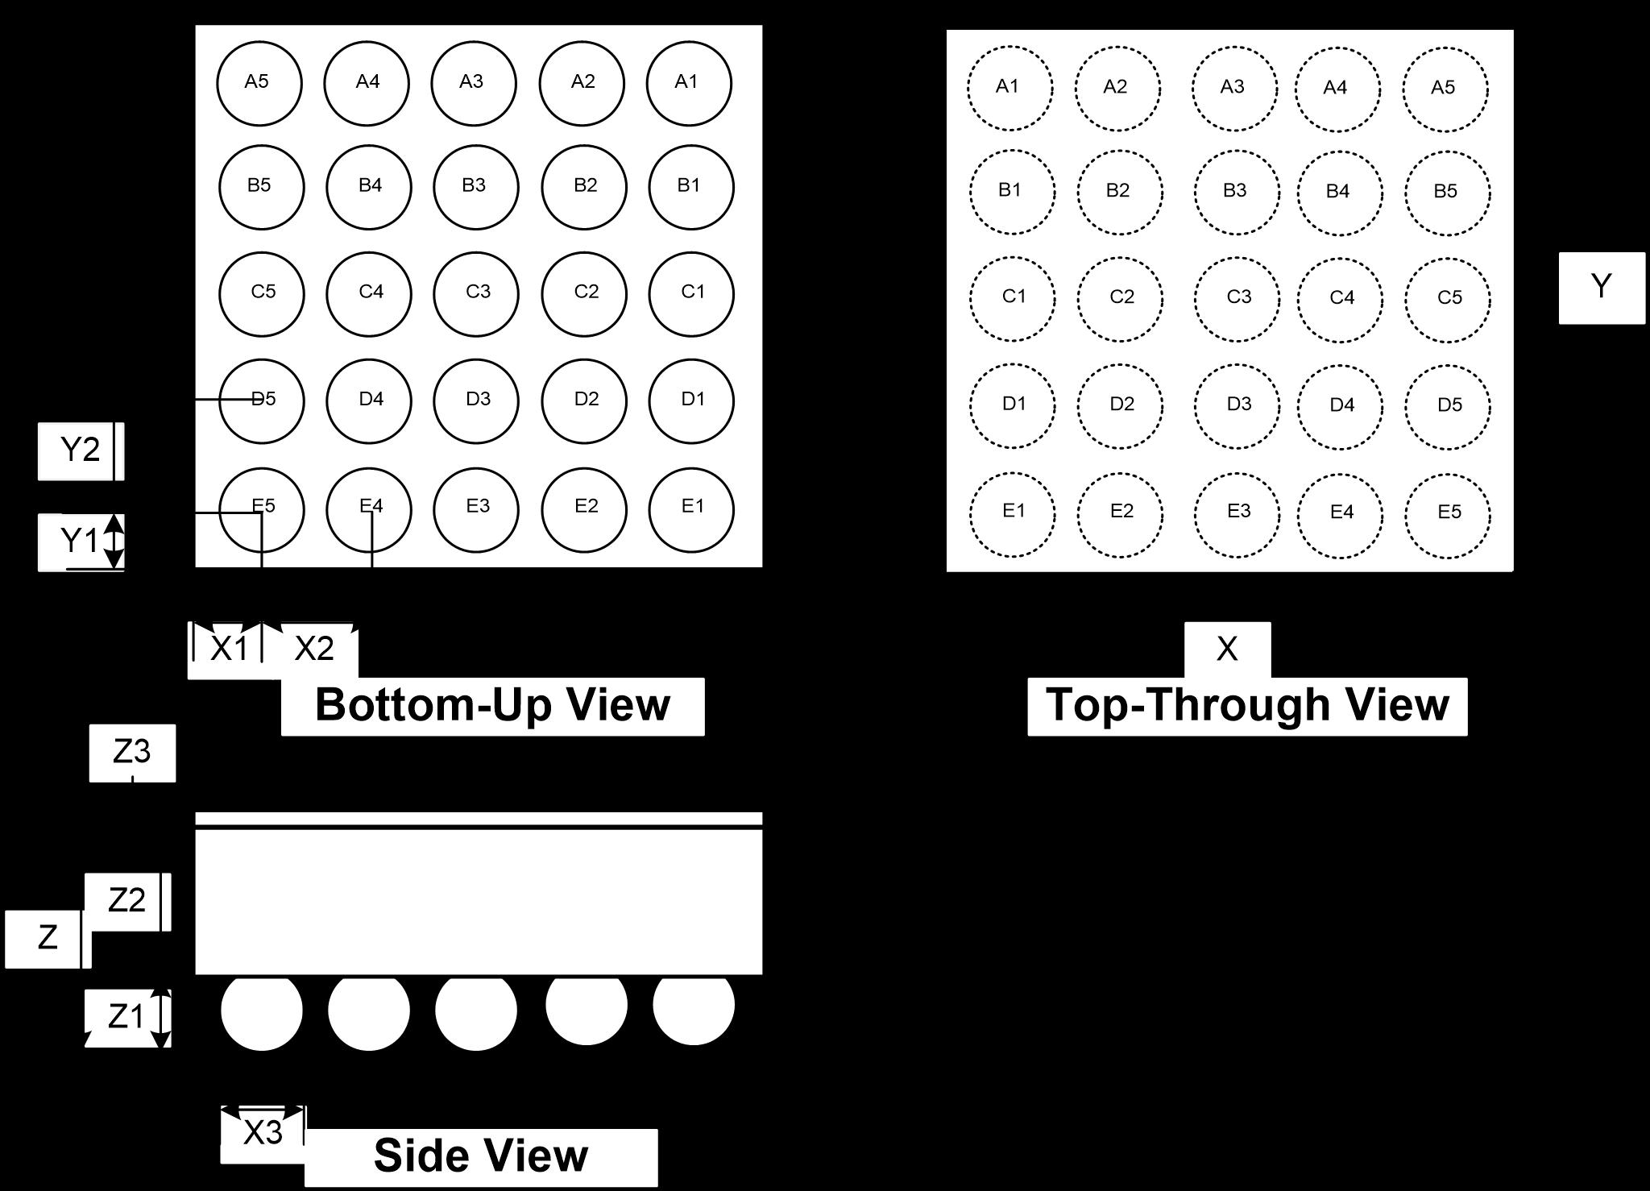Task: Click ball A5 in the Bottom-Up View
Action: coord(259,83)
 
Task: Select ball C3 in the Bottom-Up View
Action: coord(476,293)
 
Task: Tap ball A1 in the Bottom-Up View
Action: coord(689,83)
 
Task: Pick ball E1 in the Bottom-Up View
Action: coord(691,509)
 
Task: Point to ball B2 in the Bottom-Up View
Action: coord(584,187)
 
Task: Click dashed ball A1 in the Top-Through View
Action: coord(1009,88)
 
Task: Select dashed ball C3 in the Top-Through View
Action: coord(1237,299)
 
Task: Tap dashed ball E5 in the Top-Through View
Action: coord(1448,513)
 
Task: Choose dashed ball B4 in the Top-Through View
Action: coord(1340,193)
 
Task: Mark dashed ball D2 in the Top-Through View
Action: coord(1120,405)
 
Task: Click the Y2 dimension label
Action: coord(80,450)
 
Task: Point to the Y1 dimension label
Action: coord(79,541)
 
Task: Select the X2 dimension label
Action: coord(314,649)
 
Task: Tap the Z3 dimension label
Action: coord(131,752)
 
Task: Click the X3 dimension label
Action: coord(263,1133)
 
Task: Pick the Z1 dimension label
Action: coord(126,1017)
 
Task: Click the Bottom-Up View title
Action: coord(492,705)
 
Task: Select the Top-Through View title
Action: coord(1247,705)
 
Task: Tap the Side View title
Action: coord(481,1156)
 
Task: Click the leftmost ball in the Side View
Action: coord(262,1010)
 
